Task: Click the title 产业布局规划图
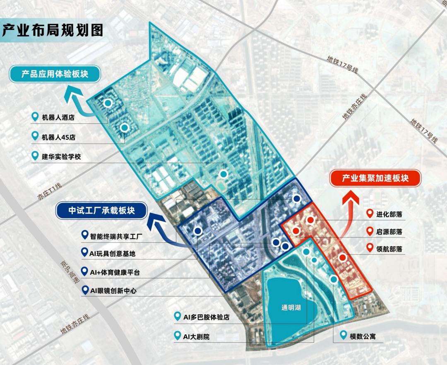(53, 30)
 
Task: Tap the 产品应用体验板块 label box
(55, 74)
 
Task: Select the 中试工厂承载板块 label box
(102, 210)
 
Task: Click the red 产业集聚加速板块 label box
(375, 178)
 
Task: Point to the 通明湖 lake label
(281, 308)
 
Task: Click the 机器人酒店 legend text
(58, 118)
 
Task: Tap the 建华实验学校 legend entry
(61, 157)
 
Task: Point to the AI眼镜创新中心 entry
(113, 291)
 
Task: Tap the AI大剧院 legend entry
(197, 336)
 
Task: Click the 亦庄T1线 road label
(49, 191)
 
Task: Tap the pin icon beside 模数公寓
(343, 336)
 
